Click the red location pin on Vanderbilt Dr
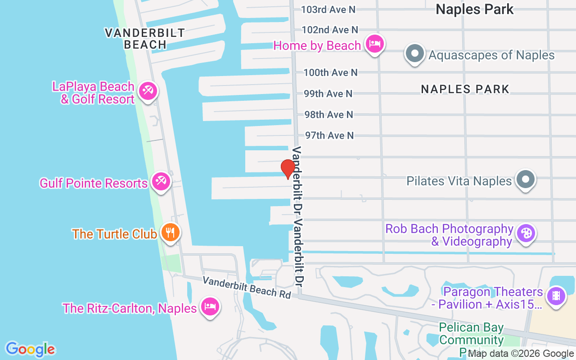pyautogui.click(x=288, y=169)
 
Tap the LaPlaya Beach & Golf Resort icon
pyautogui.click(x=147, y=91)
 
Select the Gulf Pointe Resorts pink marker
pyautogui.click(x=160, y=182)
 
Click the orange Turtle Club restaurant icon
pyautogui.click(x=171, y=233)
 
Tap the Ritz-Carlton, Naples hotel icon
pyautogui.click(x=210, y=307)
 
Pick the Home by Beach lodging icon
pyautogui.click(x=374, y=44)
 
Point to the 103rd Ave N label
pyautogui.click(x=328, y=9)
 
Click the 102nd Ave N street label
pyautogui.click(x=330, y=30)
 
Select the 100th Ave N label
pyautogui.click(x=330, y=72)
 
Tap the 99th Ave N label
pyautogui.click(x=328, y=94)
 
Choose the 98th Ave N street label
pyautogui.click(x=329, y=115)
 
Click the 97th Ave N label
pyautogui.click(x=329, y=135)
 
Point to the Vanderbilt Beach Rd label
pyautogui.click(x=247, y=287)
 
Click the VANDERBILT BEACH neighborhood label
pyautogui.click(x=145, y=39)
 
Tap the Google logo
pyautogui.click(x=30, y=349)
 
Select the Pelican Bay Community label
pyautogui.click(x=471, y=333)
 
